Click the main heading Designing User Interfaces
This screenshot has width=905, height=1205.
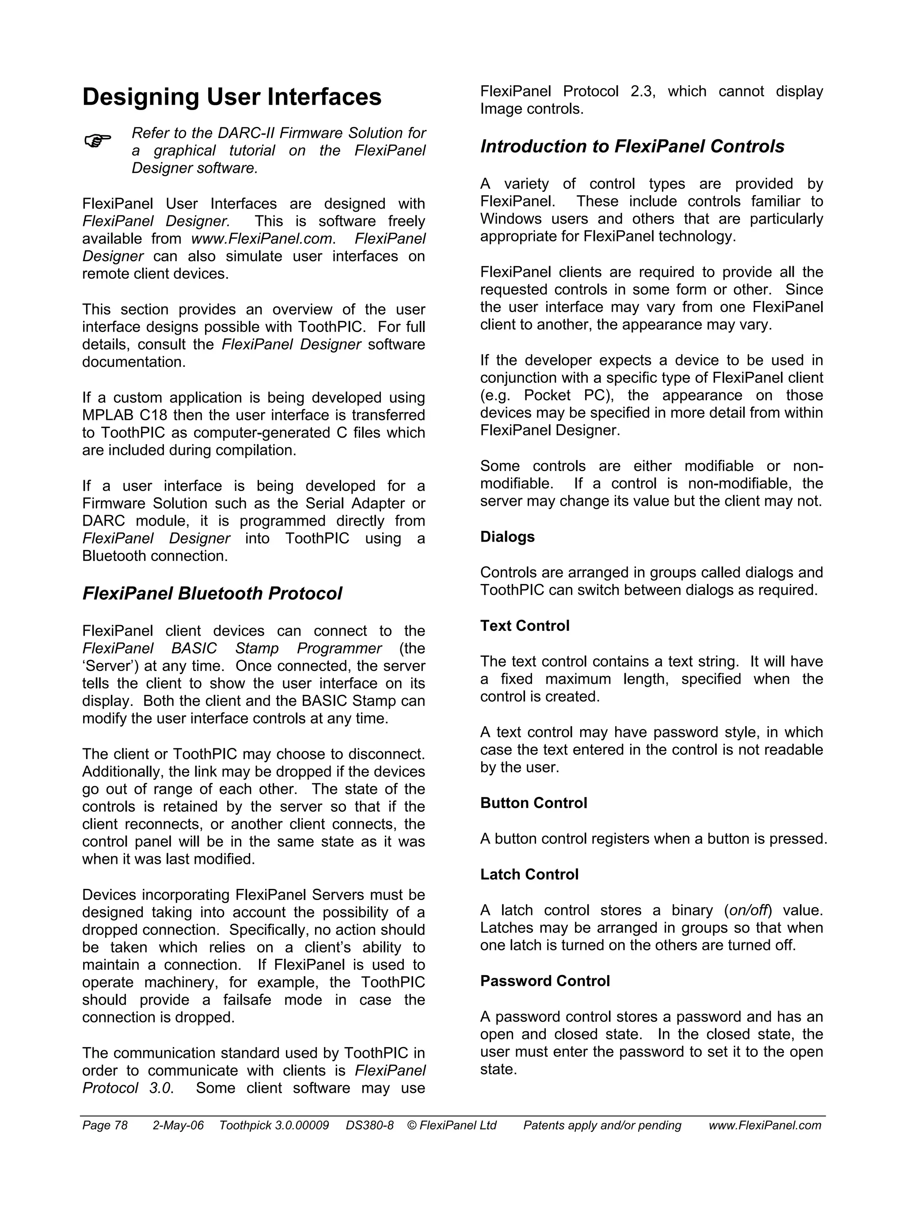click(232, 97)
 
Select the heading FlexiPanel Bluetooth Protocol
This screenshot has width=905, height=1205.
click(212, 593)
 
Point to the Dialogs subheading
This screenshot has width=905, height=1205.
click(507, 537)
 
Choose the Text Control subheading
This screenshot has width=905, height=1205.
click(525, 625)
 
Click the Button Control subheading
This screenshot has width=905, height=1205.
click(533, 803)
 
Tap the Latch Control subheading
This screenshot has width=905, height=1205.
click(529, 874)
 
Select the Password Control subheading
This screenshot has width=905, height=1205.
click(544, 981)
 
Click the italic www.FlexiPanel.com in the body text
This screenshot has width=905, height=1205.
click(261, 239)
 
